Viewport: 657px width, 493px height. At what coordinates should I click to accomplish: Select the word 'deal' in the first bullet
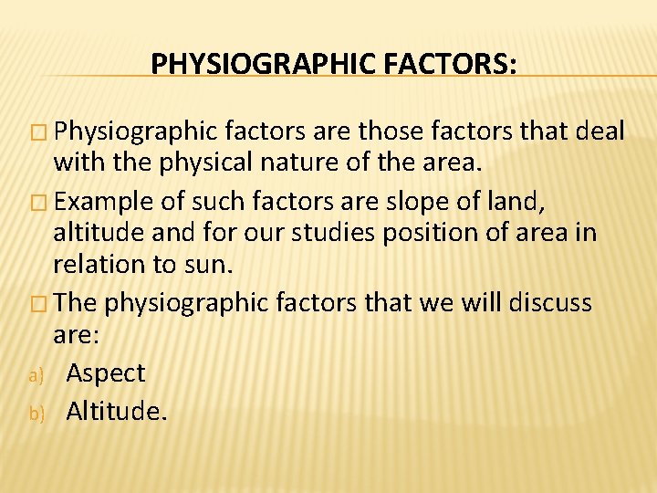601,132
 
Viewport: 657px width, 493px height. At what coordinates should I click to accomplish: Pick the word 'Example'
106,200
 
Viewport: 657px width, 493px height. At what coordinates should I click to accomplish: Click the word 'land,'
516,200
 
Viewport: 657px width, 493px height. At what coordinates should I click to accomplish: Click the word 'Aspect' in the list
106,373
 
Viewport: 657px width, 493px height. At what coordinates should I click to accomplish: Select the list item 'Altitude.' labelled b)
117,411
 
